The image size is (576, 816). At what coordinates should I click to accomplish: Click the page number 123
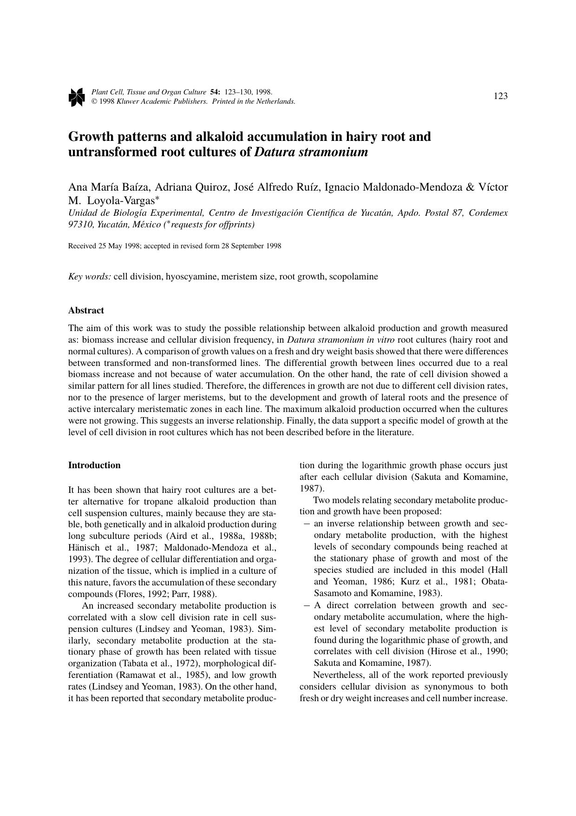(x=500, y=96)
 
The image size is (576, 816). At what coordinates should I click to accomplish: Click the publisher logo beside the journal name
(x=76, y=97)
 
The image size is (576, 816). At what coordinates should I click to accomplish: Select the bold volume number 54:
(x=215, y=93)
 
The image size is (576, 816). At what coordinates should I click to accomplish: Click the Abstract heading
(x=86, y=310)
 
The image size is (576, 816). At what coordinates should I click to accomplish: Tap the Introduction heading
(x=94, y=465)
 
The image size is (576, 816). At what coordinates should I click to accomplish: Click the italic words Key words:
(x=90, y=277)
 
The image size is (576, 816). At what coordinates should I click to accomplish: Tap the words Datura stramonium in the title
(x=311, y=152)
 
